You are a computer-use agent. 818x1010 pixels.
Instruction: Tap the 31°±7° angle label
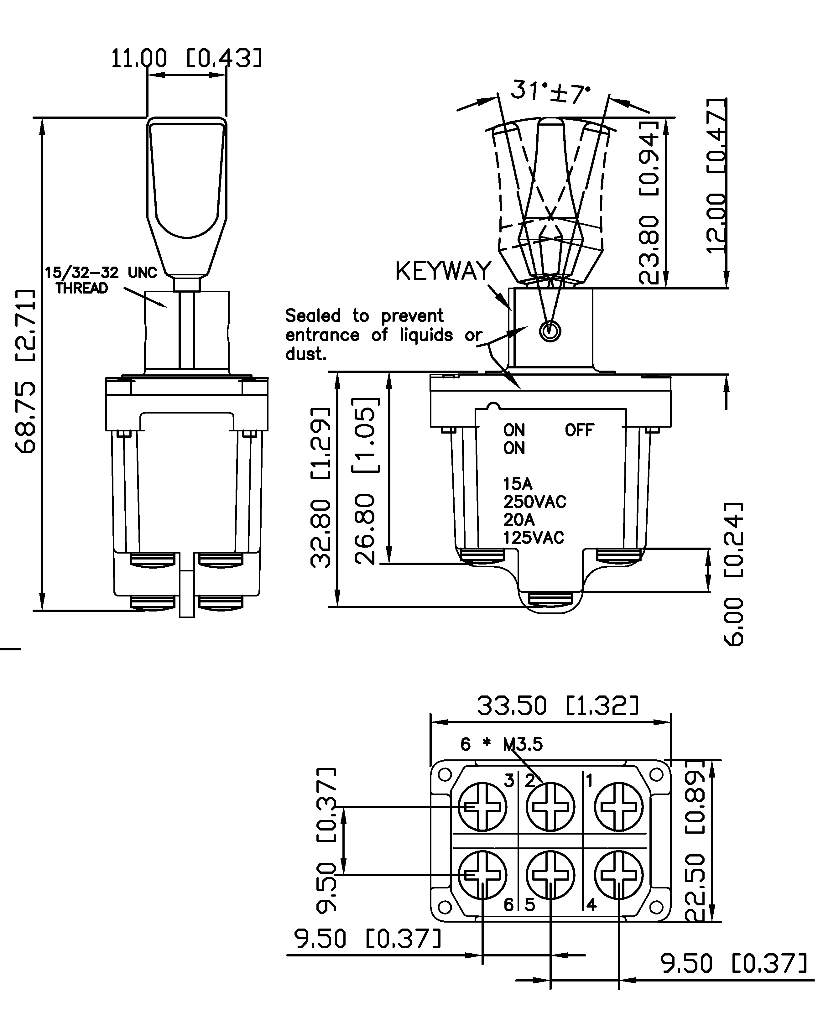pos(550,91)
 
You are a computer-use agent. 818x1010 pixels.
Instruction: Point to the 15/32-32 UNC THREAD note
pos(100,280)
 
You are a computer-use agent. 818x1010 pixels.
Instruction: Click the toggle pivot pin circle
pos(550,331)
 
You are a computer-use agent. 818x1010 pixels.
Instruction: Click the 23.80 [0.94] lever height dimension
pos(649,203)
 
